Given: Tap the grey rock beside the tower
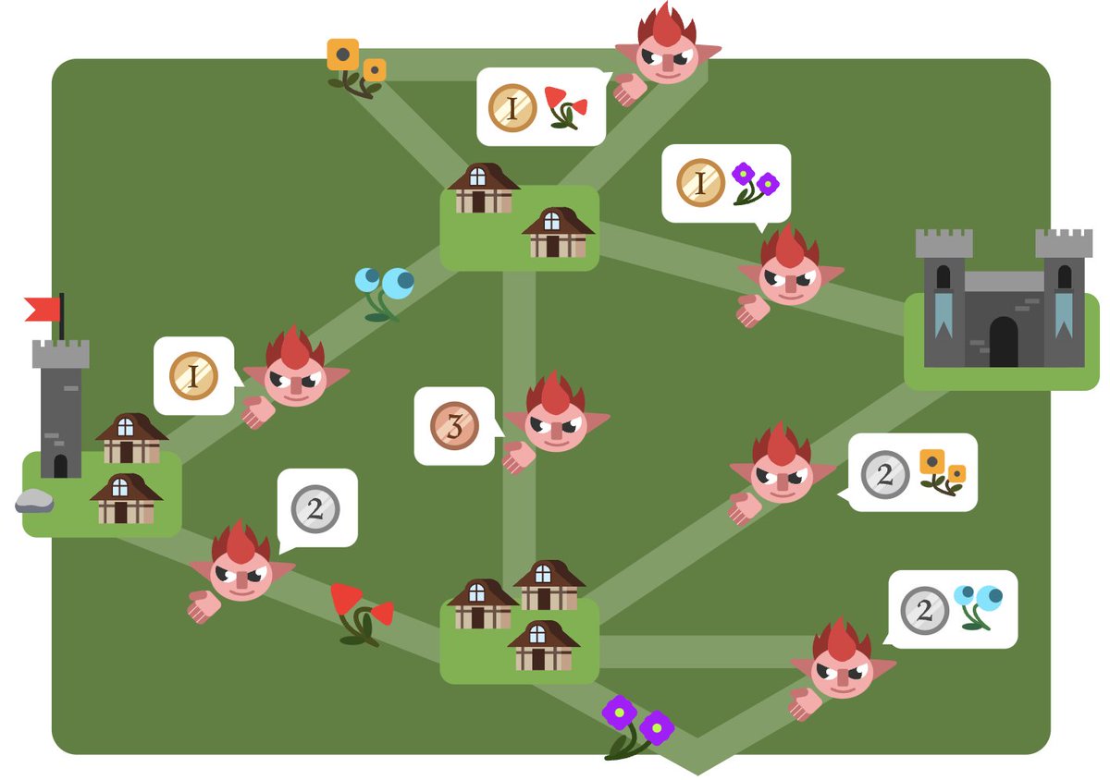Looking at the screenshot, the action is [x=34, y=501].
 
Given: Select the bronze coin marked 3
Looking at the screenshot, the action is [x=454, y=426].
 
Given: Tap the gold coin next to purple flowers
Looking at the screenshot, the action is [x=700, y=183].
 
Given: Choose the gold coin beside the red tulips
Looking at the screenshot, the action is [x=512, y=107].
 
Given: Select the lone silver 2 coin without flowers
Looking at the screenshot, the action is [x=315, y=508].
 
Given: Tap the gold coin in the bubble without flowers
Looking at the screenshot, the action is [x=193, y=376].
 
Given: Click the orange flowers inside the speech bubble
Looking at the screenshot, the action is [x=942, y=471].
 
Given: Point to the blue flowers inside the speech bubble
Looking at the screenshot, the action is [x=978, y=605].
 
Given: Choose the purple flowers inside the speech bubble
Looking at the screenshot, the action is [x=754, y=183].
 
